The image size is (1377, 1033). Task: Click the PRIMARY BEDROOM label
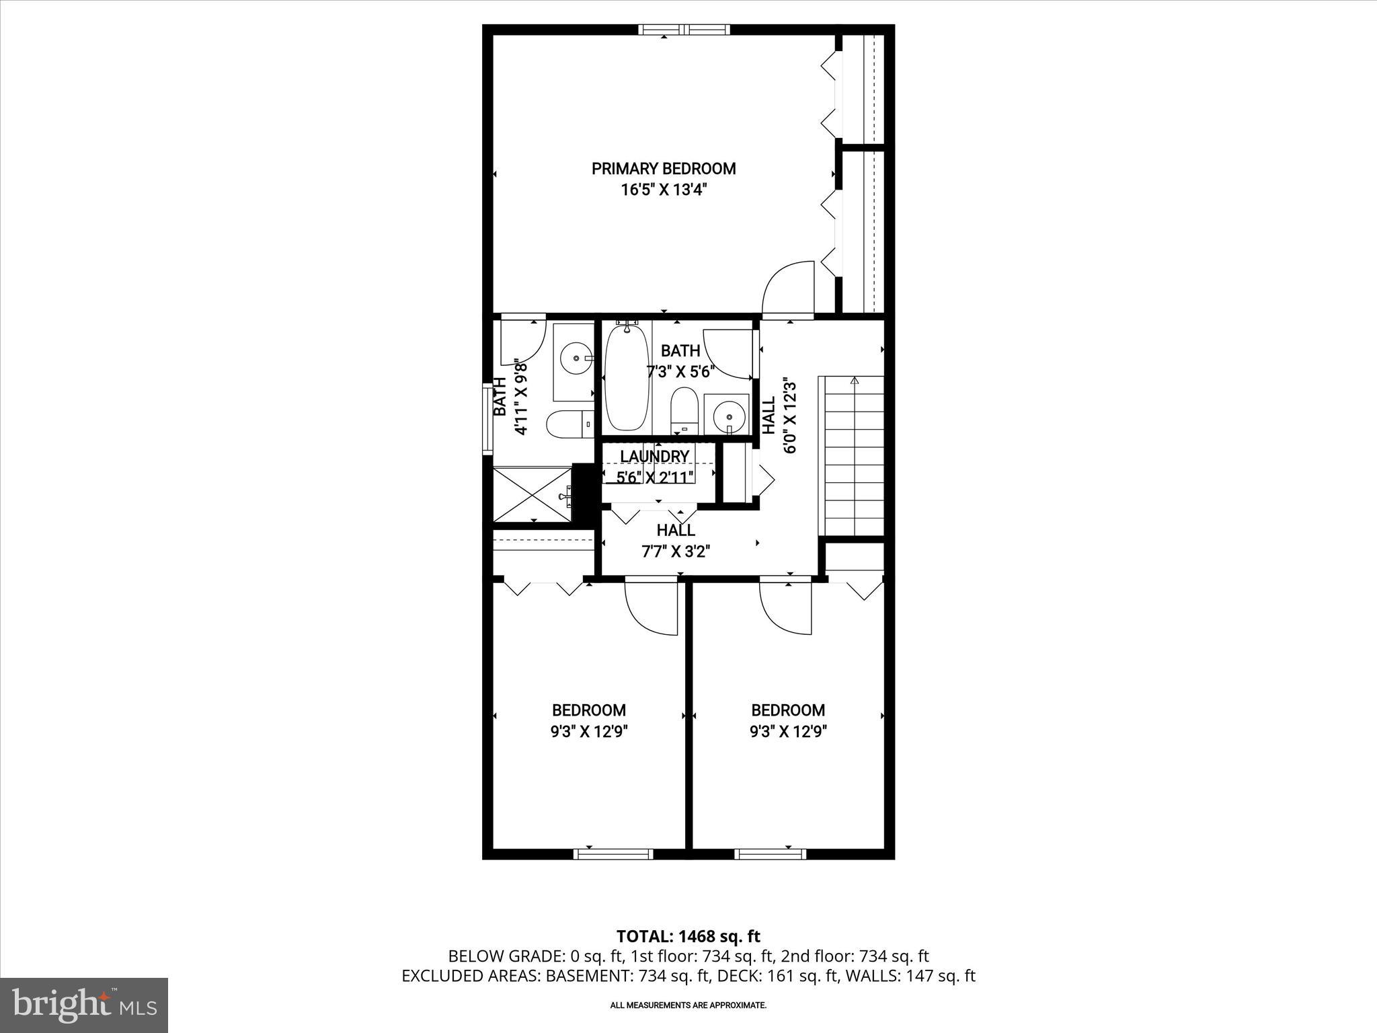(x=664, y=168)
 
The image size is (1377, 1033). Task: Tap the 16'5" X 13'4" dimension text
(x=664, y=190)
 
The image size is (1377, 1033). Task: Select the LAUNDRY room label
(x=654, y=457)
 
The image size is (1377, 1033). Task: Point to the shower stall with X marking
(x=533, y=495)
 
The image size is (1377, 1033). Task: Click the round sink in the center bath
(x=729, y=416)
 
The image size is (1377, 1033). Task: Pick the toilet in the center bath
(x=685, y=411)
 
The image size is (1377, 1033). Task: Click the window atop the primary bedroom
(x=684, y=30)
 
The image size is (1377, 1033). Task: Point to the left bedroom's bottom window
(x=613, y=854)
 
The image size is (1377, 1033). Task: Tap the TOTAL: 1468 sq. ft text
(x=688, y=936)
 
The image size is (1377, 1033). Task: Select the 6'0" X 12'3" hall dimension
(x=790, y=417)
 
